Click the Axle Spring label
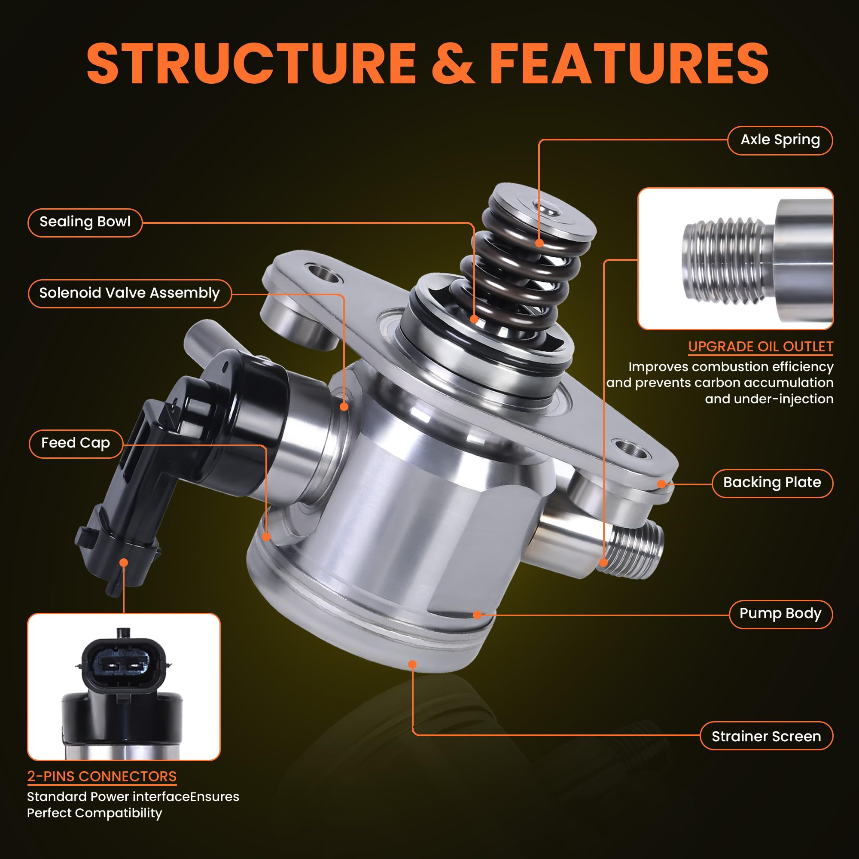(780, 140)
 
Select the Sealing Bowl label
(85, 222)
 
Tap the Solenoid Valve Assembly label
(129, 293)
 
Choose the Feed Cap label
(76, 443)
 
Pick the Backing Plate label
(772, 483)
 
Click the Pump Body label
(780, 614)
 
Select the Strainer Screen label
(766, 737)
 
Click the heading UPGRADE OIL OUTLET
(760, 347)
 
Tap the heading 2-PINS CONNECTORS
(102, 777)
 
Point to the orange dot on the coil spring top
(539, 243)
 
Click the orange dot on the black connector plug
(124, 563)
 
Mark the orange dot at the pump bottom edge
(412, 665)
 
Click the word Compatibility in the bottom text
(119, 813)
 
